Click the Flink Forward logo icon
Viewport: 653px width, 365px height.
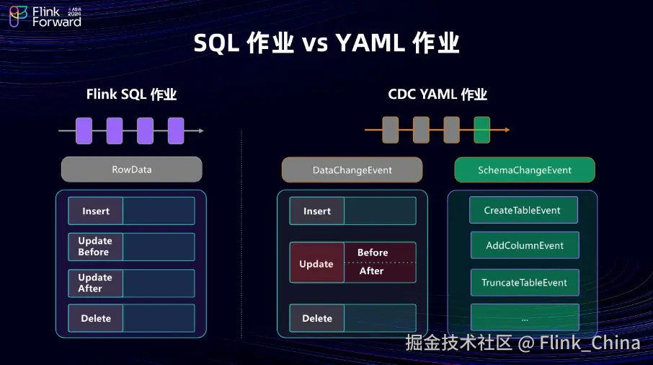tap(18, 17)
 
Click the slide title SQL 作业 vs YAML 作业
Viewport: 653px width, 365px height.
tap(326, 44)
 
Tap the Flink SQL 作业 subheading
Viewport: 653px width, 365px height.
tap(131, 94)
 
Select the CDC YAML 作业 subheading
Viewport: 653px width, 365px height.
tap(437, 94)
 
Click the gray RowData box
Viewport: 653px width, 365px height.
tap(131, 170)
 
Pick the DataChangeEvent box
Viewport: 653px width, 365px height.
tap(352, 170)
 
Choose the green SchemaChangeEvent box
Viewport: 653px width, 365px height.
tap(524, 170)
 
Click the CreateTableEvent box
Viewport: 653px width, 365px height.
tap(523, 210)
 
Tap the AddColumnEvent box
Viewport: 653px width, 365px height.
tap(524, 245)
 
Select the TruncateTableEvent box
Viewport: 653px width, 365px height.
tap(524, 282)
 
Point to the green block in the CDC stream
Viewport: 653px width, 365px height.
tap(482, 130)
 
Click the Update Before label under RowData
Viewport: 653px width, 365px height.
tap(95, 247)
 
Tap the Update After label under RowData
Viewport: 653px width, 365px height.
tap(95, 283)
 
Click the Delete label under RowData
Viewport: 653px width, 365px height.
tap(96, 318)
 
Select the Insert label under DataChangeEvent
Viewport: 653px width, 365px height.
tap(317, 211)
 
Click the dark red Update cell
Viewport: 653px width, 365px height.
tap(316, 263)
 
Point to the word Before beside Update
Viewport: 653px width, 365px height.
tap(373, 252)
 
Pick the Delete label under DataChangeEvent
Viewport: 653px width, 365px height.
tap(317, 318)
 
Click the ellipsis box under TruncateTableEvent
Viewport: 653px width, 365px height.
tap(524, 317)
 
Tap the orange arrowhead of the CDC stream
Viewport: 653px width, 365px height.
tap(507, 130)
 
